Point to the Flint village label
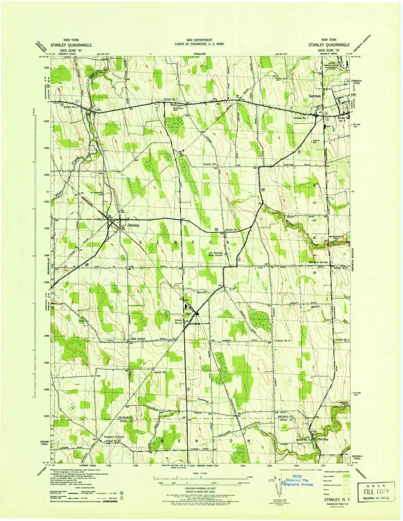click(x=98, y=110)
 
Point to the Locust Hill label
click(x=160, y=372)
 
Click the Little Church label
click(x=138, y=339)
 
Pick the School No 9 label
click(x=232, y=230)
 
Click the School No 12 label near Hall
click(x=178, y=321)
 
